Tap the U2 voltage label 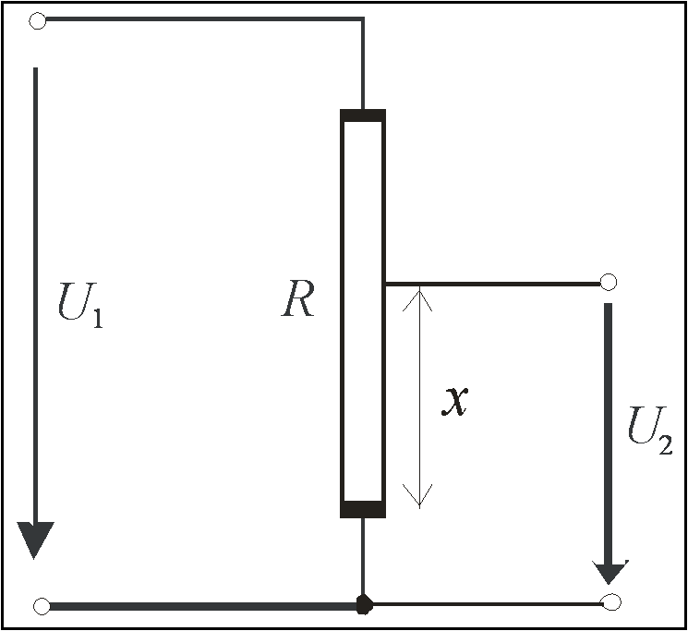click(650, 431)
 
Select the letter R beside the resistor click(298, 298)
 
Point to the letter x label click(454, 401)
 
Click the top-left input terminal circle click(37, 20)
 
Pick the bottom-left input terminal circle click(42, 606)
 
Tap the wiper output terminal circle click(609, 282)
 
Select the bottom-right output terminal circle click(611, 602)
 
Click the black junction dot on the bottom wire click(364, 605)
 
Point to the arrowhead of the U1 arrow click(35, 540)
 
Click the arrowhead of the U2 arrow click(610, 572)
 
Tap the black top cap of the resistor click(363, 115)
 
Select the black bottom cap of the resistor click(363, 509)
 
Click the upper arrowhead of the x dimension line click(419, 298)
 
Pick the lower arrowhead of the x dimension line click(419, 496)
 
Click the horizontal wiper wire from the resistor click(493, 285)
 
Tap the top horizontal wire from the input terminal click(204, 18)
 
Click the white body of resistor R click(363, 311)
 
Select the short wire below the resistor click(363, 557)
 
